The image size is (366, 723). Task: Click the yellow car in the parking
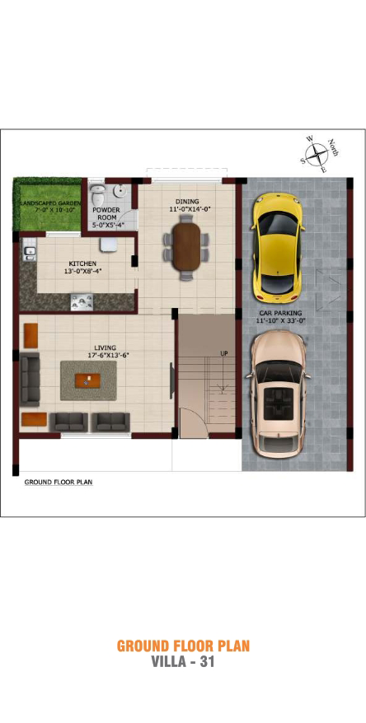[x=277, y=248]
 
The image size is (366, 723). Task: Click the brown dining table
[x=187, y=246]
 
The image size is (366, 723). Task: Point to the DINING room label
[x=187, y=202]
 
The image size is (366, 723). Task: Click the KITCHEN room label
[x=82, y=264]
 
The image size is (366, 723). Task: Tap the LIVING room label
[x=106, y=348]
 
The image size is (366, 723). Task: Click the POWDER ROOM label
[x=106, y=213]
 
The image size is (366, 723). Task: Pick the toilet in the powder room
[x=98, y=196]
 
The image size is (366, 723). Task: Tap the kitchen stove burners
[x=82, y=302]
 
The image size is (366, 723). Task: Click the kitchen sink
[x=28, y=250]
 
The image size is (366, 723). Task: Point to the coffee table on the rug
[x=87, y=380]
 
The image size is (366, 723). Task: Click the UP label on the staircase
[x=223, y=353]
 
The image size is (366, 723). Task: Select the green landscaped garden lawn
[x=47, y=204]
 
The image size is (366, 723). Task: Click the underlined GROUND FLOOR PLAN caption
[x=59, y=483]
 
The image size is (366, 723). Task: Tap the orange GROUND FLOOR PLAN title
[x=183, y=646]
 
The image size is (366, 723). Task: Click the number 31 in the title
[x=207, y=662]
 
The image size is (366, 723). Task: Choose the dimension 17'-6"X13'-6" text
[x=106, y=355]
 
